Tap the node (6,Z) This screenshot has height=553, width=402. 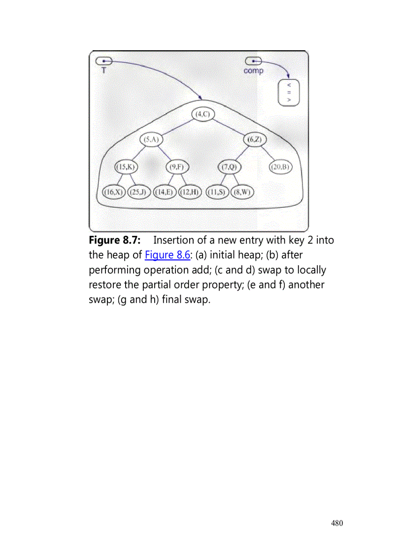pyautogui.click(x=255, y=140)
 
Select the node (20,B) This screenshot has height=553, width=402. pyautogui.click(x=281, y=167)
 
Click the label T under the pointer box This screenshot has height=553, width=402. pyautogui.click(x=103, y=70)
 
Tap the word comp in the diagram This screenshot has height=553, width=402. pyautogui.click(x=253, y=71)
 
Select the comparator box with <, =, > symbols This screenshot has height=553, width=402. pyautogui.click(x=289, y=92)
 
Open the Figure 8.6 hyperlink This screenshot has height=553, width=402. pyautogui.click(x=167, y=255)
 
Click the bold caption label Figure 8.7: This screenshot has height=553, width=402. pyautogui.click(x=115, y=240)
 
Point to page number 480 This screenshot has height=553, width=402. pyautogui.click(x=337, y=523)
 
